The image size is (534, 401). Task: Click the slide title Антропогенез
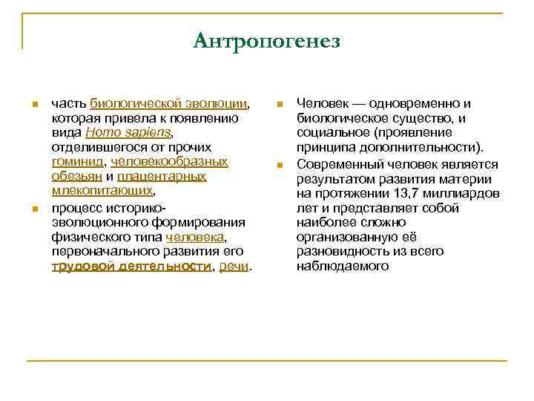tap(266, 41)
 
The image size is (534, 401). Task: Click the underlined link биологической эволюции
tap(168, 103)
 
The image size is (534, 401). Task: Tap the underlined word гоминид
tap(77, 161)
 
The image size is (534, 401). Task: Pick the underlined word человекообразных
tap(169, 161)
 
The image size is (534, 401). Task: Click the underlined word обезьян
tap(76, 176)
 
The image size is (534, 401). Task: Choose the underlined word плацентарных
tap(161, 176)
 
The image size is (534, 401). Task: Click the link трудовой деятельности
tap(131, 266)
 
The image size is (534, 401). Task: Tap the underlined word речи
tap(234, 266)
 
